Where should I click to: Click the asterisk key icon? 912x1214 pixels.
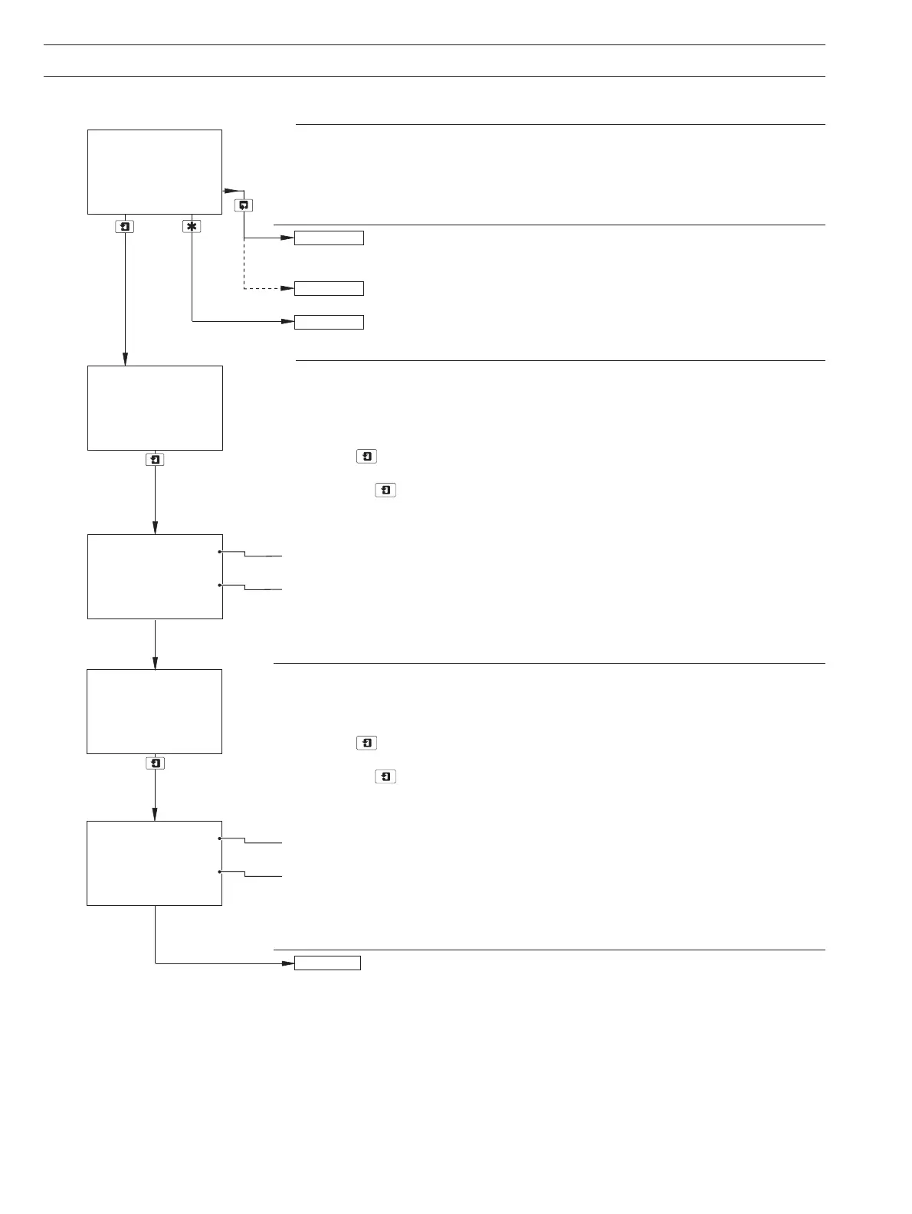point(192,227)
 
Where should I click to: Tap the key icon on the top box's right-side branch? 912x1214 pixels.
point(244,205)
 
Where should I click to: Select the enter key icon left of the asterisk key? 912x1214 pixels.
point(125,227)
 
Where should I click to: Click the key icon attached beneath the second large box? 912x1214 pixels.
point(155,460)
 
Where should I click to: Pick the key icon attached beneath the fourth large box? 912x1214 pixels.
point(155,763)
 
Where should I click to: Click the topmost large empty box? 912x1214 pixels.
point(155,172)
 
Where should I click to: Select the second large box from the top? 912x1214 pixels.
point(155,408)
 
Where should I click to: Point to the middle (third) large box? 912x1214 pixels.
point(155,576)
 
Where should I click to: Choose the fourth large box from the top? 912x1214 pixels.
point(154,711)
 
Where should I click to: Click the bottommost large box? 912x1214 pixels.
point(154,863)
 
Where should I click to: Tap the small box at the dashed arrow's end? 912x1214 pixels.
point(329,288)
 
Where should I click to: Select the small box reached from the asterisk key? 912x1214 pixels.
point(329,322)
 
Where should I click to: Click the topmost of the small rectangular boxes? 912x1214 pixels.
point(329,238)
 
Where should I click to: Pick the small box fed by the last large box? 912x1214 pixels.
point(327,963)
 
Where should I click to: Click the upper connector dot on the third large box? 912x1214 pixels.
point(220,552)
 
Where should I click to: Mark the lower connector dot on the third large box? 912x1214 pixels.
point(220,585)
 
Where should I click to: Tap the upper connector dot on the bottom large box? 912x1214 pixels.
point(220,838)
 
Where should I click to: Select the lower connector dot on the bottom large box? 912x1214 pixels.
point(220,871)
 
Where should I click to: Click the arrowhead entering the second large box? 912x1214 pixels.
point(125,360)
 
